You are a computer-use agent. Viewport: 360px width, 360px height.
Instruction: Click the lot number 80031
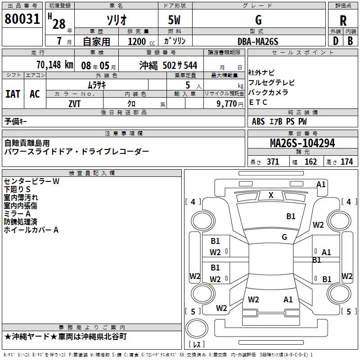tap(22, 20)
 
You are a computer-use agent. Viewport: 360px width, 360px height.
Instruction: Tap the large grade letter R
tap(343, 20)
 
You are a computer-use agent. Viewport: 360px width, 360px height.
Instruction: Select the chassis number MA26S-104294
tap(302, 143)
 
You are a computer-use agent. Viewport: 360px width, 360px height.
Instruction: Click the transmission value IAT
tap(13, 94)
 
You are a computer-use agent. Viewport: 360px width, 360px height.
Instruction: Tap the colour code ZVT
tap(75, 103)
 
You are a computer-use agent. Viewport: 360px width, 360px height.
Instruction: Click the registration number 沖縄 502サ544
tap(168, 65)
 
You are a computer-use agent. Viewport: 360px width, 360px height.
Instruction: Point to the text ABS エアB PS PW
tap(279, 121)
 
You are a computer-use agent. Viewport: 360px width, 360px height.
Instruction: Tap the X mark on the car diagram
tap(271, 195)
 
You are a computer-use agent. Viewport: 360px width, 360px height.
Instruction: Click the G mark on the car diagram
tap(284, 237)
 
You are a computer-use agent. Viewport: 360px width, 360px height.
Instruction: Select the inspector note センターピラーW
tap(31, 181)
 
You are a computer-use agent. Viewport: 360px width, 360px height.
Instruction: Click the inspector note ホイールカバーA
tap(31, 230)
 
